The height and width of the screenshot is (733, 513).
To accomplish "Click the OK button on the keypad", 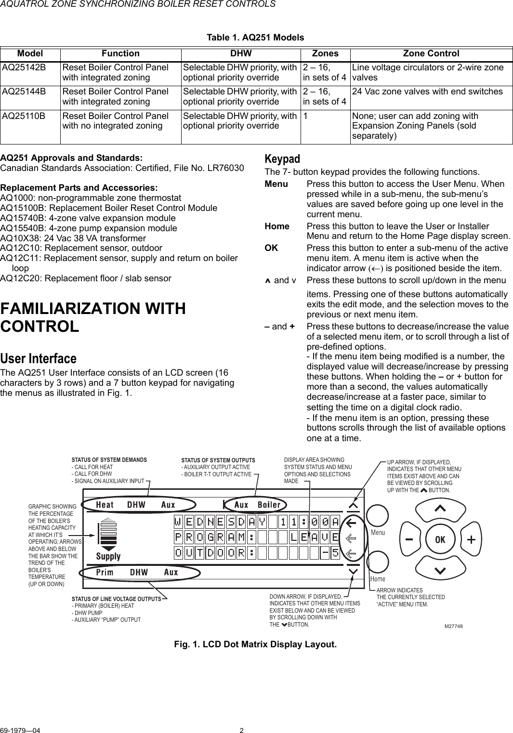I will point(440,539).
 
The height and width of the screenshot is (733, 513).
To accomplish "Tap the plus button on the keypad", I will point(471,539).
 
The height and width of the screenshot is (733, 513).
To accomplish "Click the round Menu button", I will point(378,516).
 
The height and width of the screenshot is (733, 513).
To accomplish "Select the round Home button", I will point(378,562).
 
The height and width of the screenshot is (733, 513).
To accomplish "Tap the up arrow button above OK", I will point(440,508).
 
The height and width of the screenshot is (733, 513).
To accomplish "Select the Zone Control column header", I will point(431,53).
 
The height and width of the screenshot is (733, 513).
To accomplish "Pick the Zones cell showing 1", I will point(305,116).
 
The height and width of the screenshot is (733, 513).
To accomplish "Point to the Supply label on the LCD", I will point(108,556).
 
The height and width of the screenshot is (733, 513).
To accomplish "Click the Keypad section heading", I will point(282,159).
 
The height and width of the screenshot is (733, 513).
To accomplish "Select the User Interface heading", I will point(39,359).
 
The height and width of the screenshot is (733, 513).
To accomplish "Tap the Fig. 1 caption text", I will point(255,644).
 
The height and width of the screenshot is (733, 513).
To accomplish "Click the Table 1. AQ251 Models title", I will point(255,38).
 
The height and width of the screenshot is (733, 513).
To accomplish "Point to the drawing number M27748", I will point(453,626).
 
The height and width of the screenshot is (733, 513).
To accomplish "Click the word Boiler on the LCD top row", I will point(269,505).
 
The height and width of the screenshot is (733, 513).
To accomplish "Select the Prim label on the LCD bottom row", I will point(105,572).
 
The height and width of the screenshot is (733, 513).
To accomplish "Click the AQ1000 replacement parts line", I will point(91,198).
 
